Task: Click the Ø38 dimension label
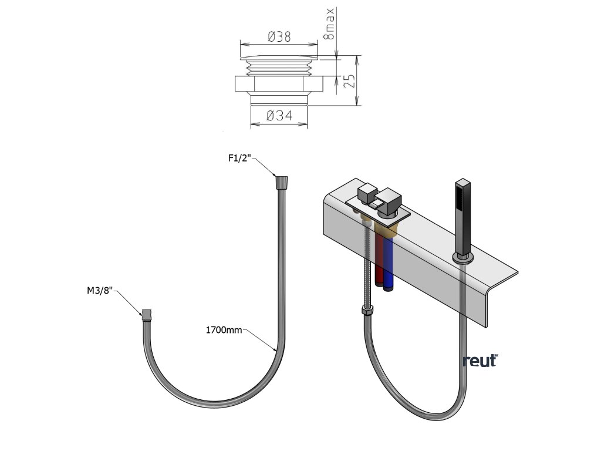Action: [x=279, y=37]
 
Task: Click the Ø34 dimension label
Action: [x=279, y=116]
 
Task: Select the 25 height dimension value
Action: [x=349, y=81]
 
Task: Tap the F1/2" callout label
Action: [x=239, y=158]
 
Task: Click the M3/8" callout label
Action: [x=100, y=291]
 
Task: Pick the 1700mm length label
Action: [x=224, y=330]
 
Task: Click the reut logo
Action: [x=481, y=360]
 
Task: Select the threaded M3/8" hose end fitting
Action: [x=146, y=315]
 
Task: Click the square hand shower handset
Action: [x=462, y=218]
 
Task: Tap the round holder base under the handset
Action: [x=463, y=258]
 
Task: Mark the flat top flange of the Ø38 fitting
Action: [x=279, y=58]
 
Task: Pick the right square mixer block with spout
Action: [x=388, y=201]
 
